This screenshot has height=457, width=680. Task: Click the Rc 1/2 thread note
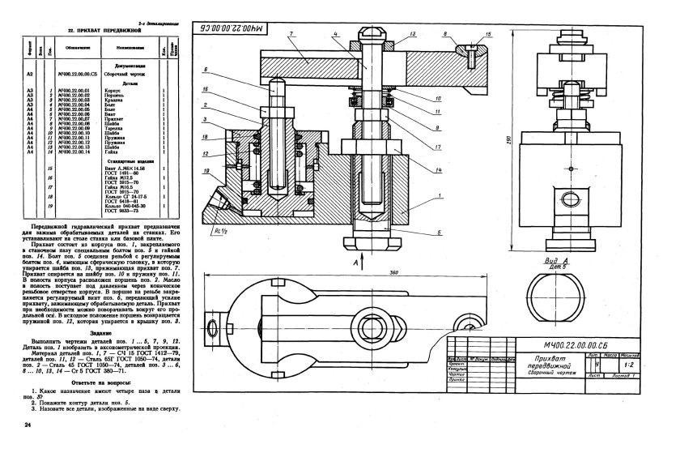(x=219, y=230)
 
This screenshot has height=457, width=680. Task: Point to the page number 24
(x=28, y=425)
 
